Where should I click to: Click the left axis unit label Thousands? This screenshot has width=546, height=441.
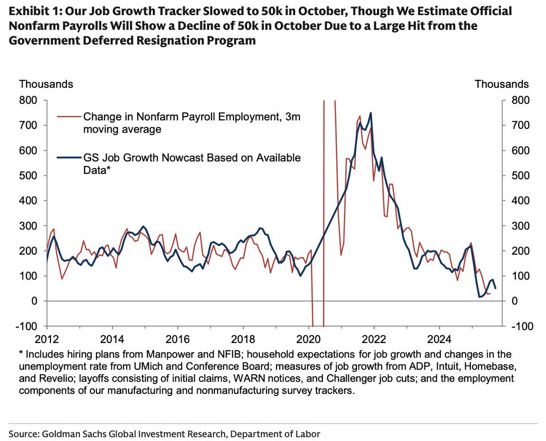point(46,84)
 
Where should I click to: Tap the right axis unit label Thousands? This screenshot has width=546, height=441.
point(502,84)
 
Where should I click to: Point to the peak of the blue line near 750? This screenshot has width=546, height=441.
point(370,113)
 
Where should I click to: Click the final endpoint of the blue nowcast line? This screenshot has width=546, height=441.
point(496,288)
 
